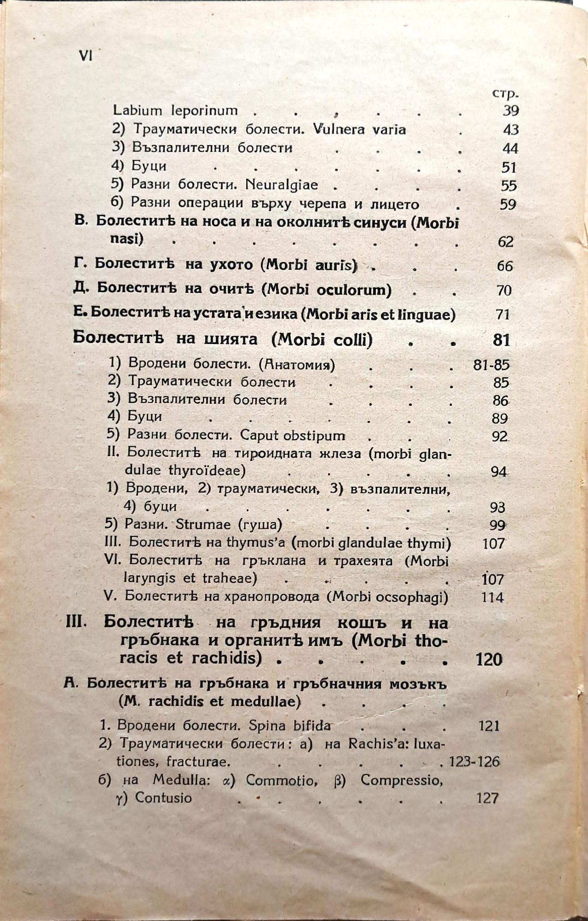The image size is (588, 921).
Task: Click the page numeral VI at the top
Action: pos(86,55)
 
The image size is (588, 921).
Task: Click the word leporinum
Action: pos(204,111)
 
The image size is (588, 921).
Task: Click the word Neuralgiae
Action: pos(282,185)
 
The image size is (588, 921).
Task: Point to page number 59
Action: pos(508,204)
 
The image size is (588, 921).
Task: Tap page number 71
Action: pos(503,315)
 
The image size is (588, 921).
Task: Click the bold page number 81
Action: pos(501,340)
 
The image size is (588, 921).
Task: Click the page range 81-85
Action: pos(491,365)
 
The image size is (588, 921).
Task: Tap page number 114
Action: pos(492,597)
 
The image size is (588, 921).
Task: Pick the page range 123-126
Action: pos(474,761)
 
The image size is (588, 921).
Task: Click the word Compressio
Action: pos(401,780)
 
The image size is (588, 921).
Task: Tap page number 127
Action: pos(488,798)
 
